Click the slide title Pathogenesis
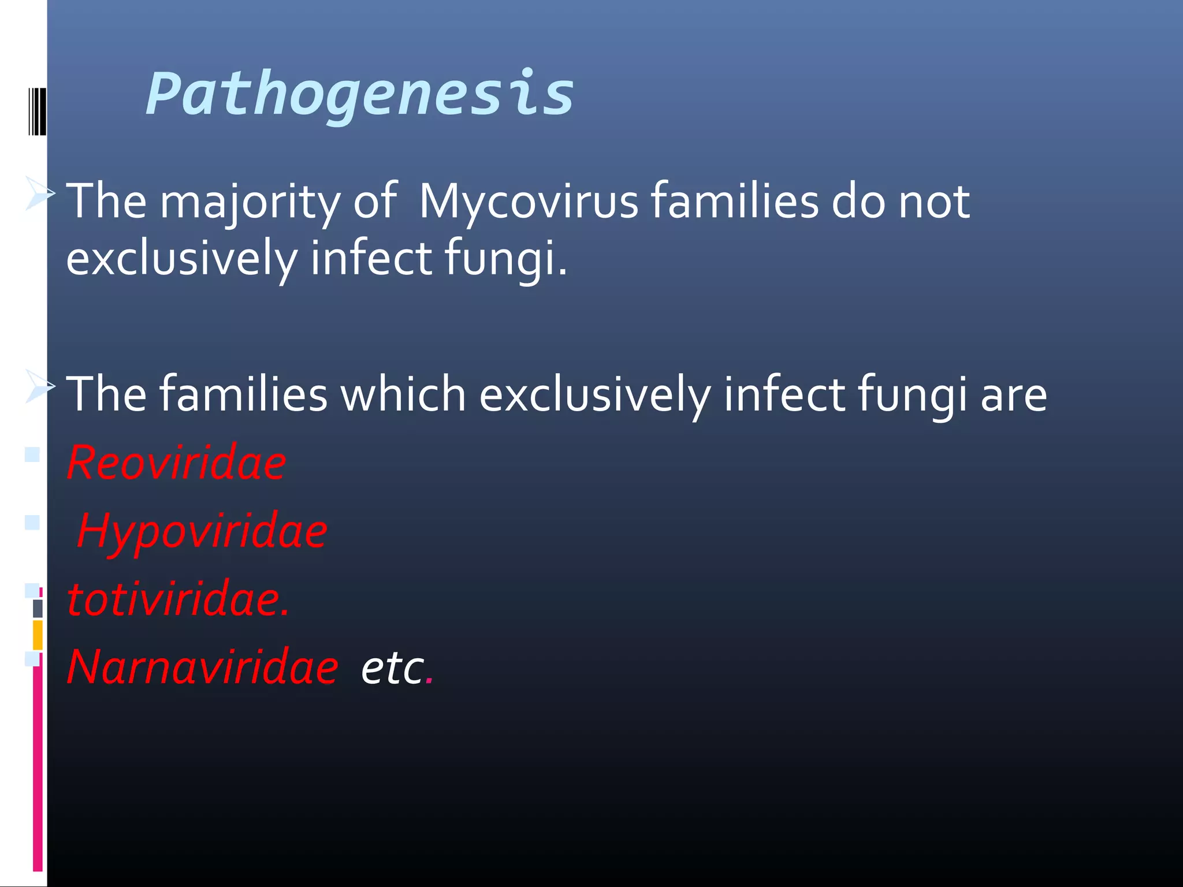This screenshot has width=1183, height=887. [359, 94]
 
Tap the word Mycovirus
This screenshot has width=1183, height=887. [528, 202]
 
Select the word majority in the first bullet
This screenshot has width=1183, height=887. [250, 202]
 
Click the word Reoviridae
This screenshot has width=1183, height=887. [176, 463]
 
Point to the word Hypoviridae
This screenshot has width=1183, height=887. [202, 531]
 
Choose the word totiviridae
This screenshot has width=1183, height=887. [177, 599]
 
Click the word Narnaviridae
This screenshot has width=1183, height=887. [202, 668]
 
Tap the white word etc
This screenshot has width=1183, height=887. [392, 669]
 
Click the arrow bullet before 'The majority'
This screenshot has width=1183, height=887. [40, 193]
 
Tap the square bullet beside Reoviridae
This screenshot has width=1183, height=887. [32, 454]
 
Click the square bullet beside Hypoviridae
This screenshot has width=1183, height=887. [32, 523]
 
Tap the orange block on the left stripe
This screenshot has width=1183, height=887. [38, 635]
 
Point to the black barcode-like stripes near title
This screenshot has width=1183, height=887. [37, 111]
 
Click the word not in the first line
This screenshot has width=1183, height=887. [934, 202]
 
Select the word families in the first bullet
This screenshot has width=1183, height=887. [734, 202]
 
